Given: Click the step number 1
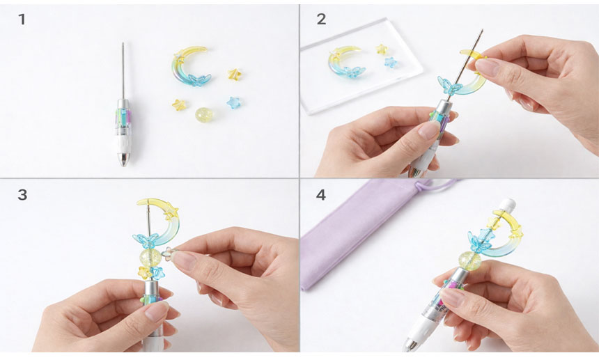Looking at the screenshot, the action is [x=22, y=19].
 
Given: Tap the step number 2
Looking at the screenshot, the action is [x=321, y=19].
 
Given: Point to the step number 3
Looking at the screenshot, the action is [x=22, y=195].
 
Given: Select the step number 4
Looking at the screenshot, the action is [x=321, y=195].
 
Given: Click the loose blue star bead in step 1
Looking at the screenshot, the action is [x=233, y=102].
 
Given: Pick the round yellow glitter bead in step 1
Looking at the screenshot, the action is [x=203, y=114].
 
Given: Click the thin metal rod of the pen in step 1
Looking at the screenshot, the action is [x=123, y=70].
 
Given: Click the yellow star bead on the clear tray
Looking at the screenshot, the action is [x=381, y=49].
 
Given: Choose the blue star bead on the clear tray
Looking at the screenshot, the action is [x=391, y=62].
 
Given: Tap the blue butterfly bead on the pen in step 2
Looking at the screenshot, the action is [x=449, y=86].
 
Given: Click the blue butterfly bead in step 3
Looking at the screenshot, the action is [x=146, y=240].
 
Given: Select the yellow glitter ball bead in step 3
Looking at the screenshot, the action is [x=150, y=258].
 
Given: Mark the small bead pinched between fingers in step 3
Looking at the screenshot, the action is [x=167, y=253].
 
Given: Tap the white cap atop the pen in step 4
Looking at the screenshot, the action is [x=506, y=205].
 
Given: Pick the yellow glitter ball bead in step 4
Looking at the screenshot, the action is [x=470, y=260].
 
